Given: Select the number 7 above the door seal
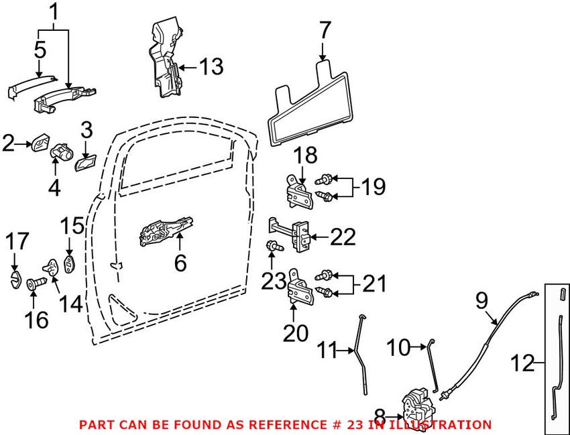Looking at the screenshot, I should pyautogui.click(x=324, y=30).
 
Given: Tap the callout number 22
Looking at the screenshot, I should pyautogui.click(x=342, y=237).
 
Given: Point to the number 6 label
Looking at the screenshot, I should pyautogui.click(x=180, y=263).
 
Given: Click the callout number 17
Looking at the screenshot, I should pyautogui.click(x=19, y=241).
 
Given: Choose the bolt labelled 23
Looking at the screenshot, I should pyautogui.click(x=274, y=247).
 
